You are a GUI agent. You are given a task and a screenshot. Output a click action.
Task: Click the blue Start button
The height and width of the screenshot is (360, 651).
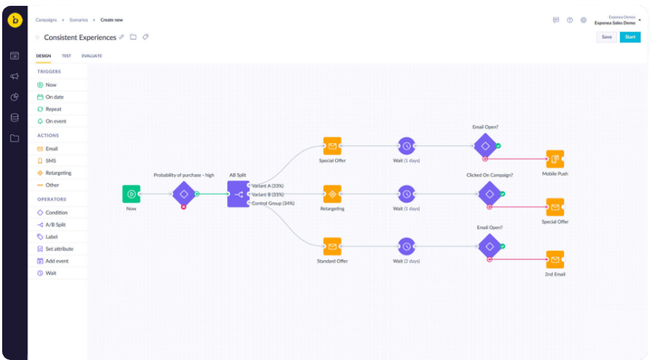630,37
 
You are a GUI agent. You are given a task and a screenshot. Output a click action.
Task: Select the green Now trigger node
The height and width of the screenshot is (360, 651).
131,194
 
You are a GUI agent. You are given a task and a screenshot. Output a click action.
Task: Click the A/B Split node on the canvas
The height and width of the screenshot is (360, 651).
238,194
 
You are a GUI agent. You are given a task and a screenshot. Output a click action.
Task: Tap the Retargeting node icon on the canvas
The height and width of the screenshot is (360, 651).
332,194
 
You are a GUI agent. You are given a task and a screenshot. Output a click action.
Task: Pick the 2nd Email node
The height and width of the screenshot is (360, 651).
555,259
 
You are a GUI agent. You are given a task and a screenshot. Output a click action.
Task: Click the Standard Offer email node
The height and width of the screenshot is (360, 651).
332,246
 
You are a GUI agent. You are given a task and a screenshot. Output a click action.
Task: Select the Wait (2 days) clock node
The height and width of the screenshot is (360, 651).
406,246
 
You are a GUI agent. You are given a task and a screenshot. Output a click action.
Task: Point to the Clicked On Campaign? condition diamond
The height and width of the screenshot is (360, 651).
489,194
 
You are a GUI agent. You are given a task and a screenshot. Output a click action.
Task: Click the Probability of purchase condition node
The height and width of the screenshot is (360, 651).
184,194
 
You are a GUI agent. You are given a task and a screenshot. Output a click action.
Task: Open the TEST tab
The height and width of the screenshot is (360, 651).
66,56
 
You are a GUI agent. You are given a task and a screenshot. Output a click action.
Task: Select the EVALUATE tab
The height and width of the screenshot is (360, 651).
92,56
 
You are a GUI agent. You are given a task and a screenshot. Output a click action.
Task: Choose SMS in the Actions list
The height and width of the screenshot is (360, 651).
50,160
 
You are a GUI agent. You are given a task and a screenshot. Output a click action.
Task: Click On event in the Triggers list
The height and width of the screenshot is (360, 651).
55,120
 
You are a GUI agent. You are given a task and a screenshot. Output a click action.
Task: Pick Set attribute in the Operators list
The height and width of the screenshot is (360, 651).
59,249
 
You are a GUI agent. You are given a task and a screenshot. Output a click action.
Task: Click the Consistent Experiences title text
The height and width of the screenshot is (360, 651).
79,37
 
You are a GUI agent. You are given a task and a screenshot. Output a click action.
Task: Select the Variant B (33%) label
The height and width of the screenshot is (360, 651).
267,194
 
